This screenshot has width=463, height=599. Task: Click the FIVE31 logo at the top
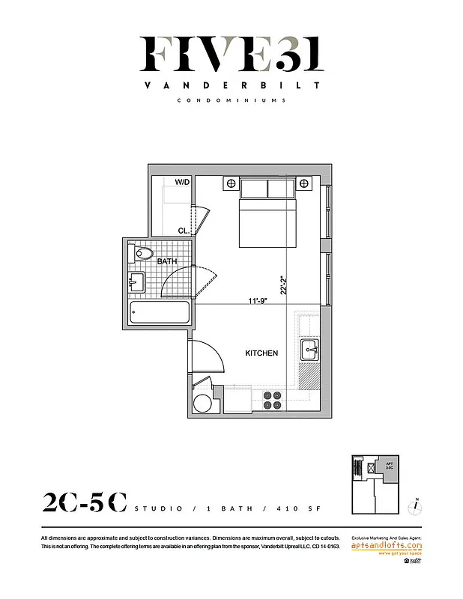pos(231,54)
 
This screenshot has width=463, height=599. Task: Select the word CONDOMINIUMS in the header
pos(231,100)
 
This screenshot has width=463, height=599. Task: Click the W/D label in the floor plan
pos(182,182)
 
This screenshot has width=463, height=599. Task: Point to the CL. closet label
pos(183,231)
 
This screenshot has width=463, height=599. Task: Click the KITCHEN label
pos(261,353)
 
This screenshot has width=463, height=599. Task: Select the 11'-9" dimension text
pos(259,301)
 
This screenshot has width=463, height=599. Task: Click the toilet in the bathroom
pos(141,255)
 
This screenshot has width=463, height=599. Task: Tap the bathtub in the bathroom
pos(156,312)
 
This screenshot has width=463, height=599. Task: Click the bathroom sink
pos(136,282)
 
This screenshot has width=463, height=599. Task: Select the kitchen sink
pos(310,350)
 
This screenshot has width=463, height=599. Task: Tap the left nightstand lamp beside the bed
pos(230,183)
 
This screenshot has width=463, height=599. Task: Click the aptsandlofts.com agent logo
pos(387,547)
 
